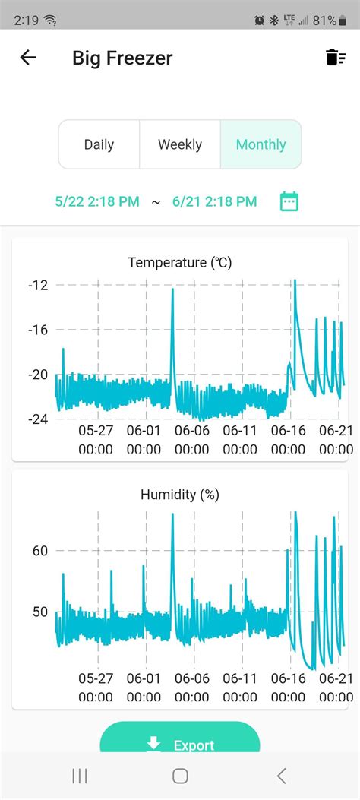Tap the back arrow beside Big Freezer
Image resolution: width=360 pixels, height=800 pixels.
(x=28, y=58)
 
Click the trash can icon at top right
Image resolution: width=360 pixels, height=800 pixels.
(x=335, y=58)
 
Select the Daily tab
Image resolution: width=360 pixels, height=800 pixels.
(x=99, y=144)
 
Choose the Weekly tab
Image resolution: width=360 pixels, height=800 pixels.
(x=180, y=144)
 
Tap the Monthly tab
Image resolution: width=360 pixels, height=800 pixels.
(x=261, y=144)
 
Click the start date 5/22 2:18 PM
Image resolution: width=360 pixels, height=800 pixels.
(x=97, y=201)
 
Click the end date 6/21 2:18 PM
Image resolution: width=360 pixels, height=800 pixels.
(x=214, y=201)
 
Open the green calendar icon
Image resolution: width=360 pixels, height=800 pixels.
(x=289, y=201)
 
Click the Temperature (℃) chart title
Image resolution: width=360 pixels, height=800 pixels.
(x=180, y=263)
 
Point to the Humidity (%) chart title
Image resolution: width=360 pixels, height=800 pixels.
(x=180, y=495)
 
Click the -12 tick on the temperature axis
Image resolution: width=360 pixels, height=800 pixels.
(x=37, y=285)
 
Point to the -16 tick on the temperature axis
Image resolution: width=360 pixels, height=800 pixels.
(x=37, y=330)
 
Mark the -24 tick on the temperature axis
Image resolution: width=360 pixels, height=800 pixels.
(x=37, y=419)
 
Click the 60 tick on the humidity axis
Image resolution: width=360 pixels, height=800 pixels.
(x=40, y=550)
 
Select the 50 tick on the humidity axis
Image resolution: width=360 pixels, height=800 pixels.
(x=40, y=612)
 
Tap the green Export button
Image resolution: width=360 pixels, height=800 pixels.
(x=180, y=745)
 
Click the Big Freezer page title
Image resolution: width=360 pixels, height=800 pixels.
(x=122, y=58)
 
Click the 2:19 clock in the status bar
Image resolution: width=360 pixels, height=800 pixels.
(x=26, y=20)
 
